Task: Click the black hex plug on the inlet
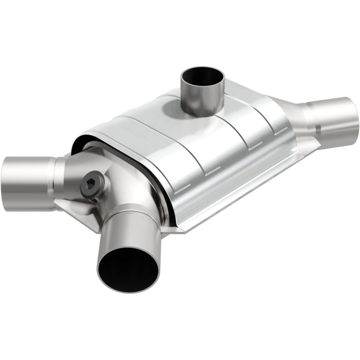tap(91, 183)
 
